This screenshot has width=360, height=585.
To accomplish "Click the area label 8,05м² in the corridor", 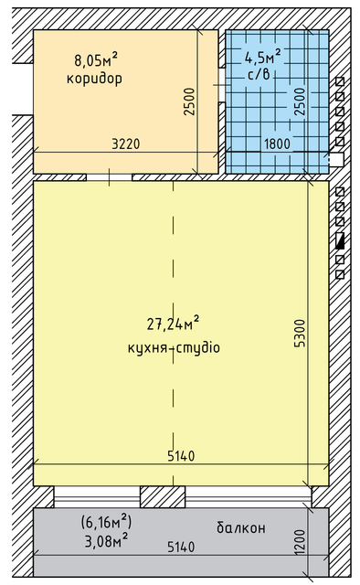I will (96, 61).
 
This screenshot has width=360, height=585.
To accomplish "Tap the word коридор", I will (94, 79).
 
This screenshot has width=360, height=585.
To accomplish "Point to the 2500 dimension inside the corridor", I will (189, 101).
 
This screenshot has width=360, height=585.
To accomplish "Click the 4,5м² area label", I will (262, 56).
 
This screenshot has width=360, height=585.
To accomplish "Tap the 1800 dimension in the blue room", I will (277, 144).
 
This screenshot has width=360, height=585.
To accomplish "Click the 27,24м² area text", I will (173, 324).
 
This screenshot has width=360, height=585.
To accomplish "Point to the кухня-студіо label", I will (174, 349).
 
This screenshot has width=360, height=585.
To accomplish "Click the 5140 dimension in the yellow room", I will (181, 455).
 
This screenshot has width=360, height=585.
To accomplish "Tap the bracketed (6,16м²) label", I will (107, 522).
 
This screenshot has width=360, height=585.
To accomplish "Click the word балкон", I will (241, 528).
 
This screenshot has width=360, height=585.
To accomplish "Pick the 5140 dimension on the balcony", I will (181, 547).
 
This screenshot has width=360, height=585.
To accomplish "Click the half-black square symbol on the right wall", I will (340, 242).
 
